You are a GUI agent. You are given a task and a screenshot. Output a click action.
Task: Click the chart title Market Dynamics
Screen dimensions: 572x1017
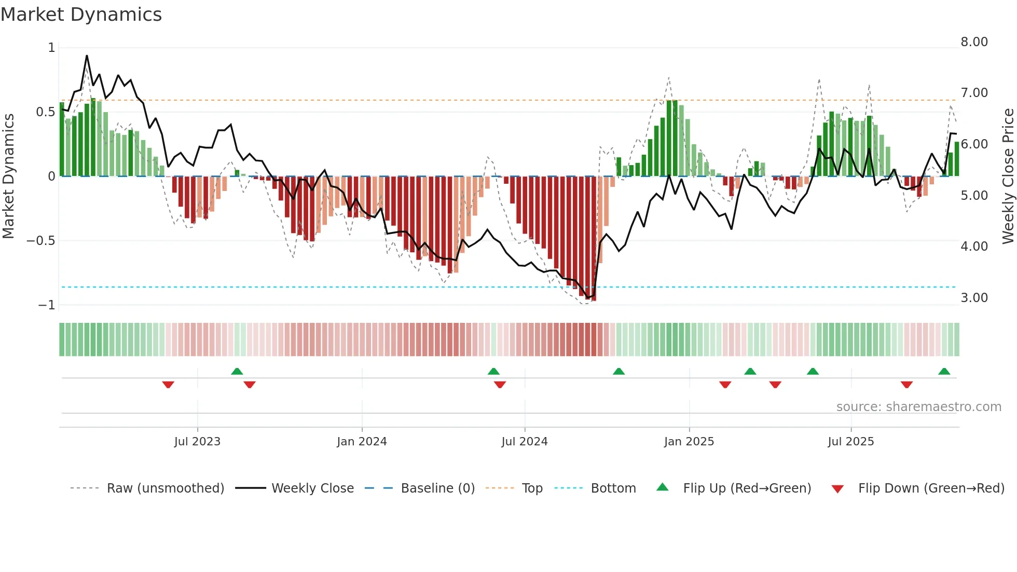(81, 15)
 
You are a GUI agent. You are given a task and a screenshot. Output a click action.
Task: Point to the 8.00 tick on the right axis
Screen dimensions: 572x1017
(974, 42)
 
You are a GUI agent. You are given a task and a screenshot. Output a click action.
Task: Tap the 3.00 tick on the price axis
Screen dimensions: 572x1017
(974, 298)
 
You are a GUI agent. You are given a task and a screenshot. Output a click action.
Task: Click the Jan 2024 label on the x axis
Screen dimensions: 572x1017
(362, 442)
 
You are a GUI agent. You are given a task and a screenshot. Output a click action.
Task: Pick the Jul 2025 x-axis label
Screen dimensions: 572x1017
(850, 442)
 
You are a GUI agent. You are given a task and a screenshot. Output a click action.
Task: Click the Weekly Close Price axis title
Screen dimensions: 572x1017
(1008, 176)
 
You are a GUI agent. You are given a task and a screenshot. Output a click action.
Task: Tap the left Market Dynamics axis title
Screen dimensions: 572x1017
(8, 176)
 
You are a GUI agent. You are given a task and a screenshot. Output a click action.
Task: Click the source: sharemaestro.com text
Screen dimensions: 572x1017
(918, 407)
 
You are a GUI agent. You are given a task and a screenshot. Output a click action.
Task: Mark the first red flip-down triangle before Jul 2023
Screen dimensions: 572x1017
(168, 385)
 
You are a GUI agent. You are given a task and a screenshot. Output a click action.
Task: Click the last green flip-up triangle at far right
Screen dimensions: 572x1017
(944, 372)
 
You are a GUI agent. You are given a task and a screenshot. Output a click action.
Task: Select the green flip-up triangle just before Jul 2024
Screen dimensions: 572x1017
(493, 372)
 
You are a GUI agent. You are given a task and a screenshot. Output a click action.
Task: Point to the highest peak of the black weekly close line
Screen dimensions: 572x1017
(87, 56)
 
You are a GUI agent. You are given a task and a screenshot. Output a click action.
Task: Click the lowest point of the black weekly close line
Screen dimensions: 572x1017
(587, 298)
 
